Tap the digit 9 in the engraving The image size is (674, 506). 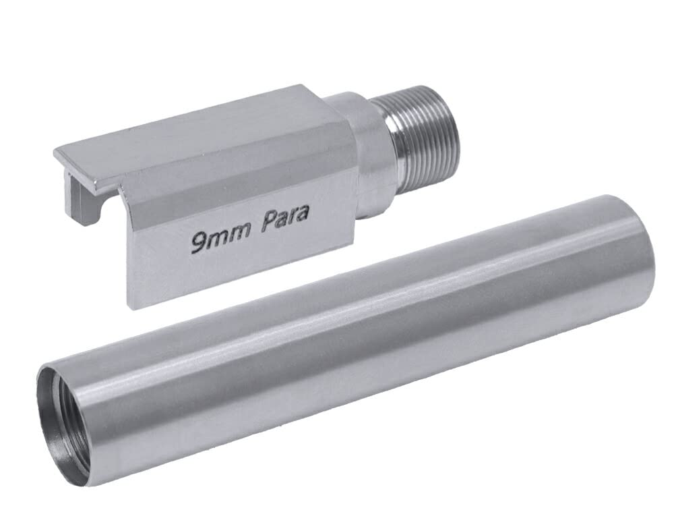pos(197,243)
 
